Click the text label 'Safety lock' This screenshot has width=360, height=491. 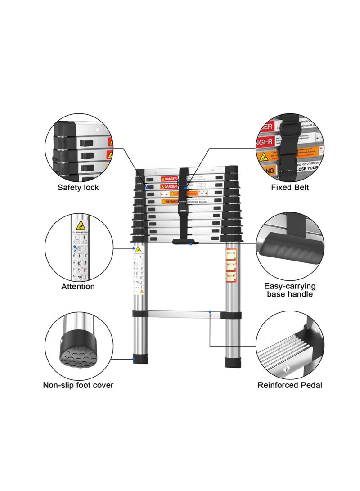click(78, 187)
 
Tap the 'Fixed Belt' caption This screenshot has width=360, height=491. click(290, 187)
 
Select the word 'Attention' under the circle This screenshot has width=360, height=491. click(78, 286)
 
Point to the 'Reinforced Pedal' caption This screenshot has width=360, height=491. click(290, 385)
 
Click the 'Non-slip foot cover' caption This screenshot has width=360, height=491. click(78, 385)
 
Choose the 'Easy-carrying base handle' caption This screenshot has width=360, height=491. click(290, 290)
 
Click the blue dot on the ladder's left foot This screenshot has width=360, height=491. click(134, 359)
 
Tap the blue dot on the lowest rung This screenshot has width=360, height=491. click(210, 311)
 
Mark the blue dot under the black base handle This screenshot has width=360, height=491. click(191, 244)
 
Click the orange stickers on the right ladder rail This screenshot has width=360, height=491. click(231, 266)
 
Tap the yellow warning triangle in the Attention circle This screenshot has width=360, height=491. click(81, 225)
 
